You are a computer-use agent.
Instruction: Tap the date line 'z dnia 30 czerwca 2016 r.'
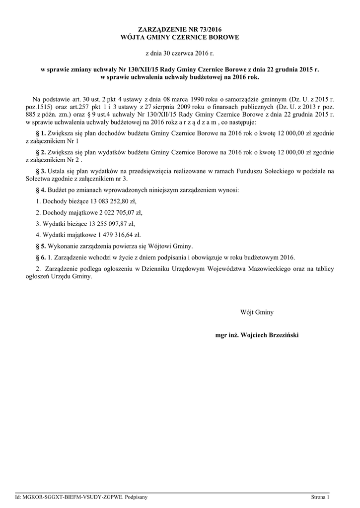tap(180, 53)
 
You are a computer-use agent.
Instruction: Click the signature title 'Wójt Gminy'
tap(257, 313)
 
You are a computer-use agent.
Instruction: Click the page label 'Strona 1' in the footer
tap(320, 497)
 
